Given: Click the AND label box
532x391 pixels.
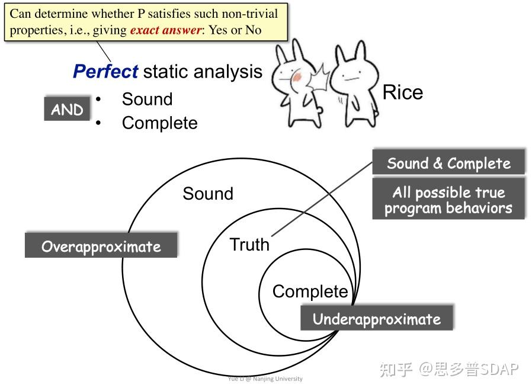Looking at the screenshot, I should coord(67,110).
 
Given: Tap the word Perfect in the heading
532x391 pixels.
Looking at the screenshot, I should coord(105,72).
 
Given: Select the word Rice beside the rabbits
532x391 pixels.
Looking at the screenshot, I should coord(403,92).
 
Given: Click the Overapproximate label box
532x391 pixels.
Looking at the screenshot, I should coord(101,246).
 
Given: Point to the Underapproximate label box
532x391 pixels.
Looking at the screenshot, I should coord(377,319).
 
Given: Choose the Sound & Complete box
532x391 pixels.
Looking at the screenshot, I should coord(448,163).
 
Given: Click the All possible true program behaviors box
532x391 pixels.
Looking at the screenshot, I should coord(448,200).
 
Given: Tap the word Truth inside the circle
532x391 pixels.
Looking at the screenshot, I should coord(249,245).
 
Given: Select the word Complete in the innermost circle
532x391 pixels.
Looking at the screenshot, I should coord(310,291).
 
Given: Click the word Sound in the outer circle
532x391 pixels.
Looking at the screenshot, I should coord(208,194).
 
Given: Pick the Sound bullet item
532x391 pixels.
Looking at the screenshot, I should coord(147,99).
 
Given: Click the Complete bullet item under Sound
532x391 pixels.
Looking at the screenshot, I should coord(159,123).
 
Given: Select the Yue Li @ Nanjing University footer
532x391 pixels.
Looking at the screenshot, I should coord(265,379).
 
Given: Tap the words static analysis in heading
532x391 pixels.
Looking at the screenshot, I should coord(203,72).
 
